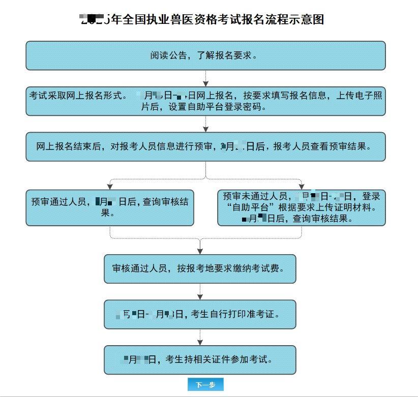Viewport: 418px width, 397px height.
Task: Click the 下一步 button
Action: click(x=205, y=385)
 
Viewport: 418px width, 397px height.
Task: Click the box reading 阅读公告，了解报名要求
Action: click(x=205, y=55)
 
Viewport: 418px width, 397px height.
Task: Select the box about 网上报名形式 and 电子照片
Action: click(x=205, y=101)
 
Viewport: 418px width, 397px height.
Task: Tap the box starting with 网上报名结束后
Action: click(x=205, y=146)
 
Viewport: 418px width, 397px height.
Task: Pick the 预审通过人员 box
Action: click(x=110, y=207)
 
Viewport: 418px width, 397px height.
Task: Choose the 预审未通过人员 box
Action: click(x=301, y=207)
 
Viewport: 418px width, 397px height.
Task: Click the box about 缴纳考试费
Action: click(x=200, y=268)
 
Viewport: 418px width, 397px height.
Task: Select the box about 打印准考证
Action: click(x=200, y=314)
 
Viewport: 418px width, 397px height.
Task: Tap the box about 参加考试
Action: click(x=200, y=360)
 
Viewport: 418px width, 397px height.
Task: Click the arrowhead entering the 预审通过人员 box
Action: click(x=110, y=186)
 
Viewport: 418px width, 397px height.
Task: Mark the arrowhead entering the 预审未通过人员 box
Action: click(x=301, y=186)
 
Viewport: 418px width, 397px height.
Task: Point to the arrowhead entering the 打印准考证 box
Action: click(x=200, y=296)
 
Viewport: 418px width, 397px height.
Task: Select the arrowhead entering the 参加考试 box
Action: click(x=200, y=342)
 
